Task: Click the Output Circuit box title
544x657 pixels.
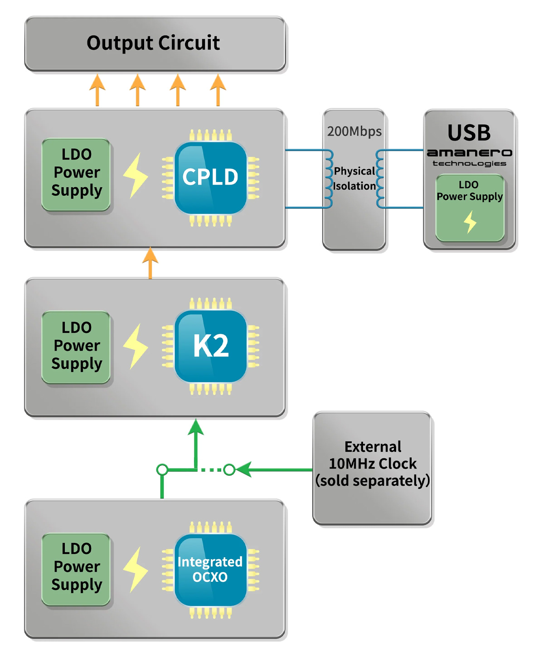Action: [x=153, y=43]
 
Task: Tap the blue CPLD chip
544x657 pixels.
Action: [x=210, y=177]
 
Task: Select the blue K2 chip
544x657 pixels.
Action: [x=210, y=346]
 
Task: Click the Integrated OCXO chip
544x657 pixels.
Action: [x=210, y=570]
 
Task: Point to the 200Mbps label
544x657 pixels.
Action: [x=354, y=131]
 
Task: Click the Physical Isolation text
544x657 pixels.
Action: [x=355, y=179]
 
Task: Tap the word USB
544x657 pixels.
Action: [x=469, y=133]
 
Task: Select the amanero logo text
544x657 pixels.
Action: [x=469, y=153]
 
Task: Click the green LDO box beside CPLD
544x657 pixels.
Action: [x=76, y=174]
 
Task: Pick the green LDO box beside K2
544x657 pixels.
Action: [x=76, y=347]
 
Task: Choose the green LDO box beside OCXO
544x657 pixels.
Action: [x=76, y=569]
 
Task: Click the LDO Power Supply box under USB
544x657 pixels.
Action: [x=470, y=208]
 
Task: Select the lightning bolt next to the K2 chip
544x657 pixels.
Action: [x=135, y=347]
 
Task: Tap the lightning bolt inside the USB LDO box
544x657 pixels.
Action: [x=470, y=222]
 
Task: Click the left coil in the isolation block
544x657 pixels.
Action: [x=329, y=179]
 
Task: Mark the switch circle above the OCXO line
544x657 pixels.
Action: [x=162, y=469]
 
